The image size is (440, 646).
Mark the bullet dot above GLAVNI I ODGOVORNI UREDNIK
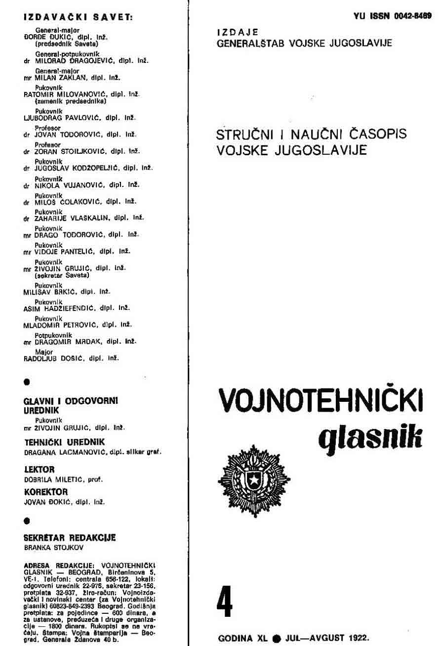pos(27,382)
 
